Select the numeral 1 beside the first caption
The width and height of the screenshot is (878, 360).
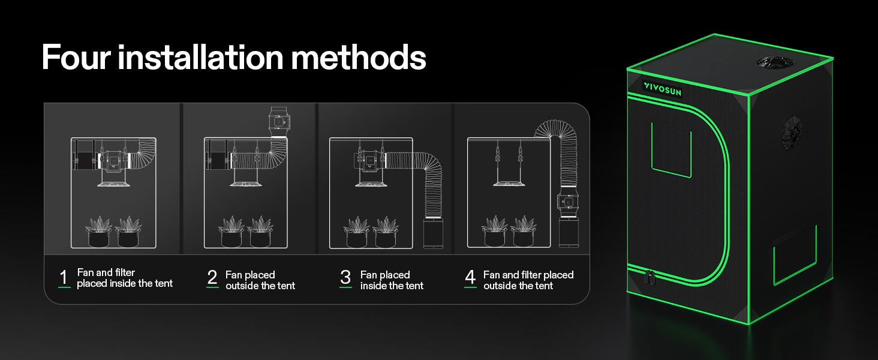pyautogui.click(x=64, y=278)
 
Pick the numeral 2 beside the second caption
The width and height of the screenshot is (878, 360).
pyautogui.click(x=212, y=278)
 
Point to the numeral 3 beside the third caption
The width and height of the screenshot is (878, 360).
pyautogui.click(x=345, y=278)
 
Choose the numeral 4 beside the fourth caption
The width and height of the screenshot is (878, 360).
pyautogui.click(x=470, y=278)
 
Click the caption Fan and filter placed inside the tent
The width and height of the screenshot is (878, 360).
pyautogui.click(x=124, y=278)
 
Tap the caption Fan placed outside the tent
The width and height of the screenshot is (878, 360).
pyautogui.click(x=260, y=280)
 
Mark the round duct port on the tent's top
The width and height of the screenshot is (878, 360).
pyautogui.click(x=774, y=62)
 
